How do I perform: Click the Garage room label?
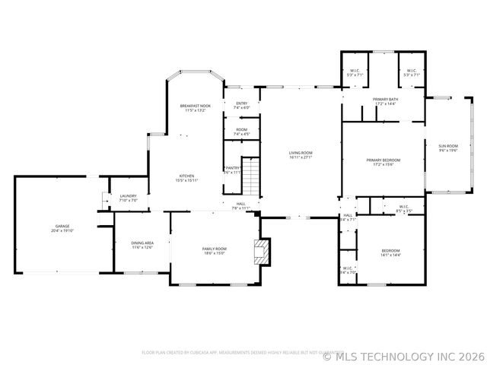coord(62,227)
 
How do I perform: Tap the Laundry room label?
coord(128,198)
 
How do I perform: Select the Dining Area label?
coord(142,245)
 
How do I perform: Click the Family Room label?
coord(214,250)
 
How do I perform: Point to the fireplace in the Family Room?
coord(262,251)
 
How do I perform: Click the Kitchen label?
coord(186,178)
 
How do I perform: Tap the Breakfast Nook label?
coord(195,107)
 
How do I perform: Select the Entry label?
coord(241,105)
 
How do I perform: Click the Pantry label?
coord(232,170)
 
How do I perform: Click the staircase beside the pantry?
coord(251,176)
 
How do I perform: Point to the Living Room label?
coord(301,155)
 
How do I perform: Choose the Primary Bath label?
coord(385,101)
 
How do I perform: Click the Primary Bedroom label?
coord(383,162)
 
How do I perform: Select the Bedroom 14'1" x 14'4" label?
coord(390,252)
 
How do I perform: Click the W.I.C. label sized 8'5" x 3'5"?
coord(403,207)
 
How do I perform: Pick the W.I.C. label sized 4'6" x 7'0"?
coord(348,269)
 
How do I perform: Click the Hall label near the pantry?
coord(240,205)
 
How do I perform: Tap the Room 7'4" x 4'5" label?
coord(241,132)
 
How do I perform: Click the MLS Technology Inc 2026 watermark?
coord(403,355)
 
